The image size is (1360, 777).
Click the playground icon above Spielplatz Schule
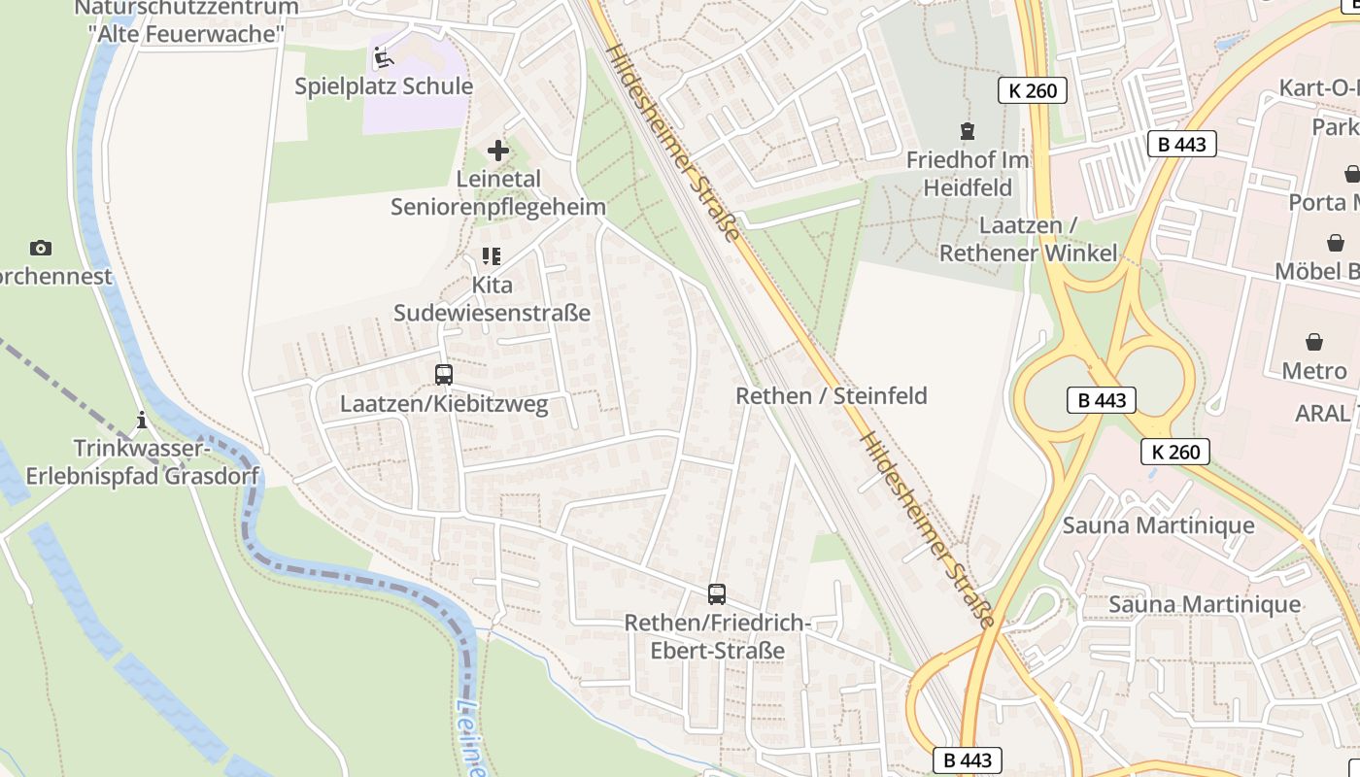point(384,57)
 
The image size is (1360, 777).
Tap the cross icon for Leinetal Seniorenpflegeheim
point(497,151)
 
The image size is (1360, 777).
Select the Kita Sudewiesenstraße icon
point(492,256)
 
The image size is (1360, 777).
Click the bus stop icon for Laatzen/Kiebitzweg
point(444,375)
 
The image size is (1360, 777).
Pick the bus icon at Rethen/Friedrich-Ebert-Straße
point(717,594)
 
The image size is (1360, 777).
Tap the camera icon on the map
point(41,248)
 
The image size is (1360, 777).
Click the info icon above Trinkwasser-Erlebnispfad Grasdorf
point(142,420)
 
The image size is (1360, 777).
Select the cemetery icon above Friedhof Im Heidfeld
point(967,130)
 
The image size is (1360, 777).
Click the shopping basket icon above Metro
point(1314,342)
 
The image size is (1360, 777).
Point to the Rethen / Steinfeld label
point(832,395)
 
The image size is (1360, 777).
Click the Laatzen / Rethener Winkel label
point(1028,239)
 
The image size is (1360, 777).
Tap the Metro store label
point(1314,371)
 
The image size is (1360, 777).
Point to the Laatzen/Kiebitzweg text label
point(444,404)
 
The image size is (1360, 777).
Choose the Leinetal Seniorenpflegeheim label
point(498,193)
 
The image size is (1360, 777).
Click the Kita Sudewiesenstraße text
point(492,299)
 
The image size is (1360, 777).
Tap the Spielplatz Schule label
point(384,86)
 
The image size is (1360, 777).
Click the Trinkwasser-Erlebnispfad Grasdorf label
point(143,462)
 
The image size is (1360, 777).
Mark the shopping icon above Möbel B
point(1336,242)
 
